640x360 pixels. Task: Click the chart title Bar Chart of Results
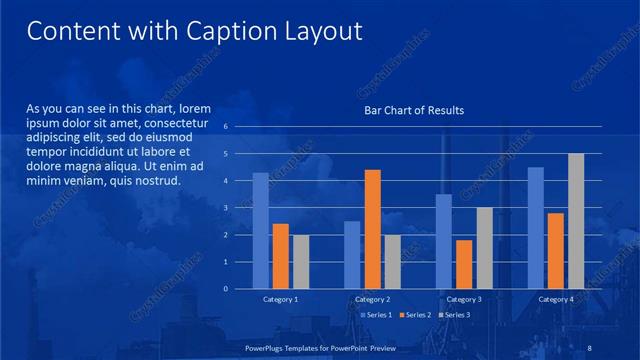coord(413,110)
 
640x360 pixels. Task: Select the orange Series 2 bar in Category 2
coord(372,229)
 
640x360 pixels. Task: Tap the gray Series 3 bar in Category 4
coord(576,221)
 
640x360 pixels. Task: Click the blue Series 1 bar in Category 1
coord(260,230)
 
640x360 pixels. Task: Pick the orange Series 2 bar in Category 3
coord(464,264)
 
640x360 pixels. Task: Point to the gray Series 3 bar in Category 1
coord(301,261)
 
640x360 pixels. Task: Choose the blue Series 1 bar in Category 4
coord(535,228)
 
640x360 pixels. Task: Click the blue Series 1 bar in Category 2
coord(352,255)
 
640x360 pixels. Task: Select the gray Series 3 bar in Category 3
coord(484,248)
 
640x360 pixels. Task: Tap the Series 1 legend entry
coord(377,315)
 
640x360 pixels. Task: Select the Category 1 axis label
coord(281,299)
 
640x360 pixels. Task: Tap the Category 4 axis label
coord(556,299)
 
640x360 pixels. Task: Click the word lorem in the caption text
coord(196,107)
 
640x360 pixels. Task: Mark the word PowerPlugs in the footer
coord(269,347)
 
